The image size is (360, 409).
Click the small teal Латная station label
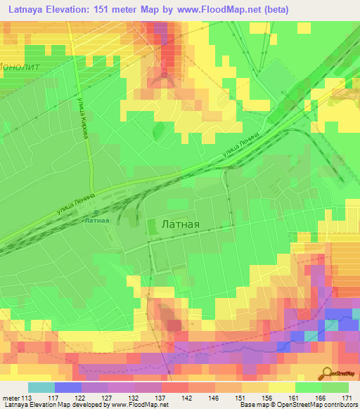click(96, 220)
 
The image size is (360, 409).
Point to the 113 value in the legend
click(29, 379)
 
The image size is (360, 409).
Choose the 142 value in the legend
click(186, 379)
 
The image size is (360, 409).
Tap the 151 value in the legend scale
click(240, 379)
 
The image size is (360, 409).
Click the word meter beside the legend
click(13, 379)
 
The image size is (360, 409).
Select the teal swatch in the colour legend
click(41, 388)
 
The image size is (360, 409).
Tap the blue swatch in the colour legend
click(67, 388)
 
